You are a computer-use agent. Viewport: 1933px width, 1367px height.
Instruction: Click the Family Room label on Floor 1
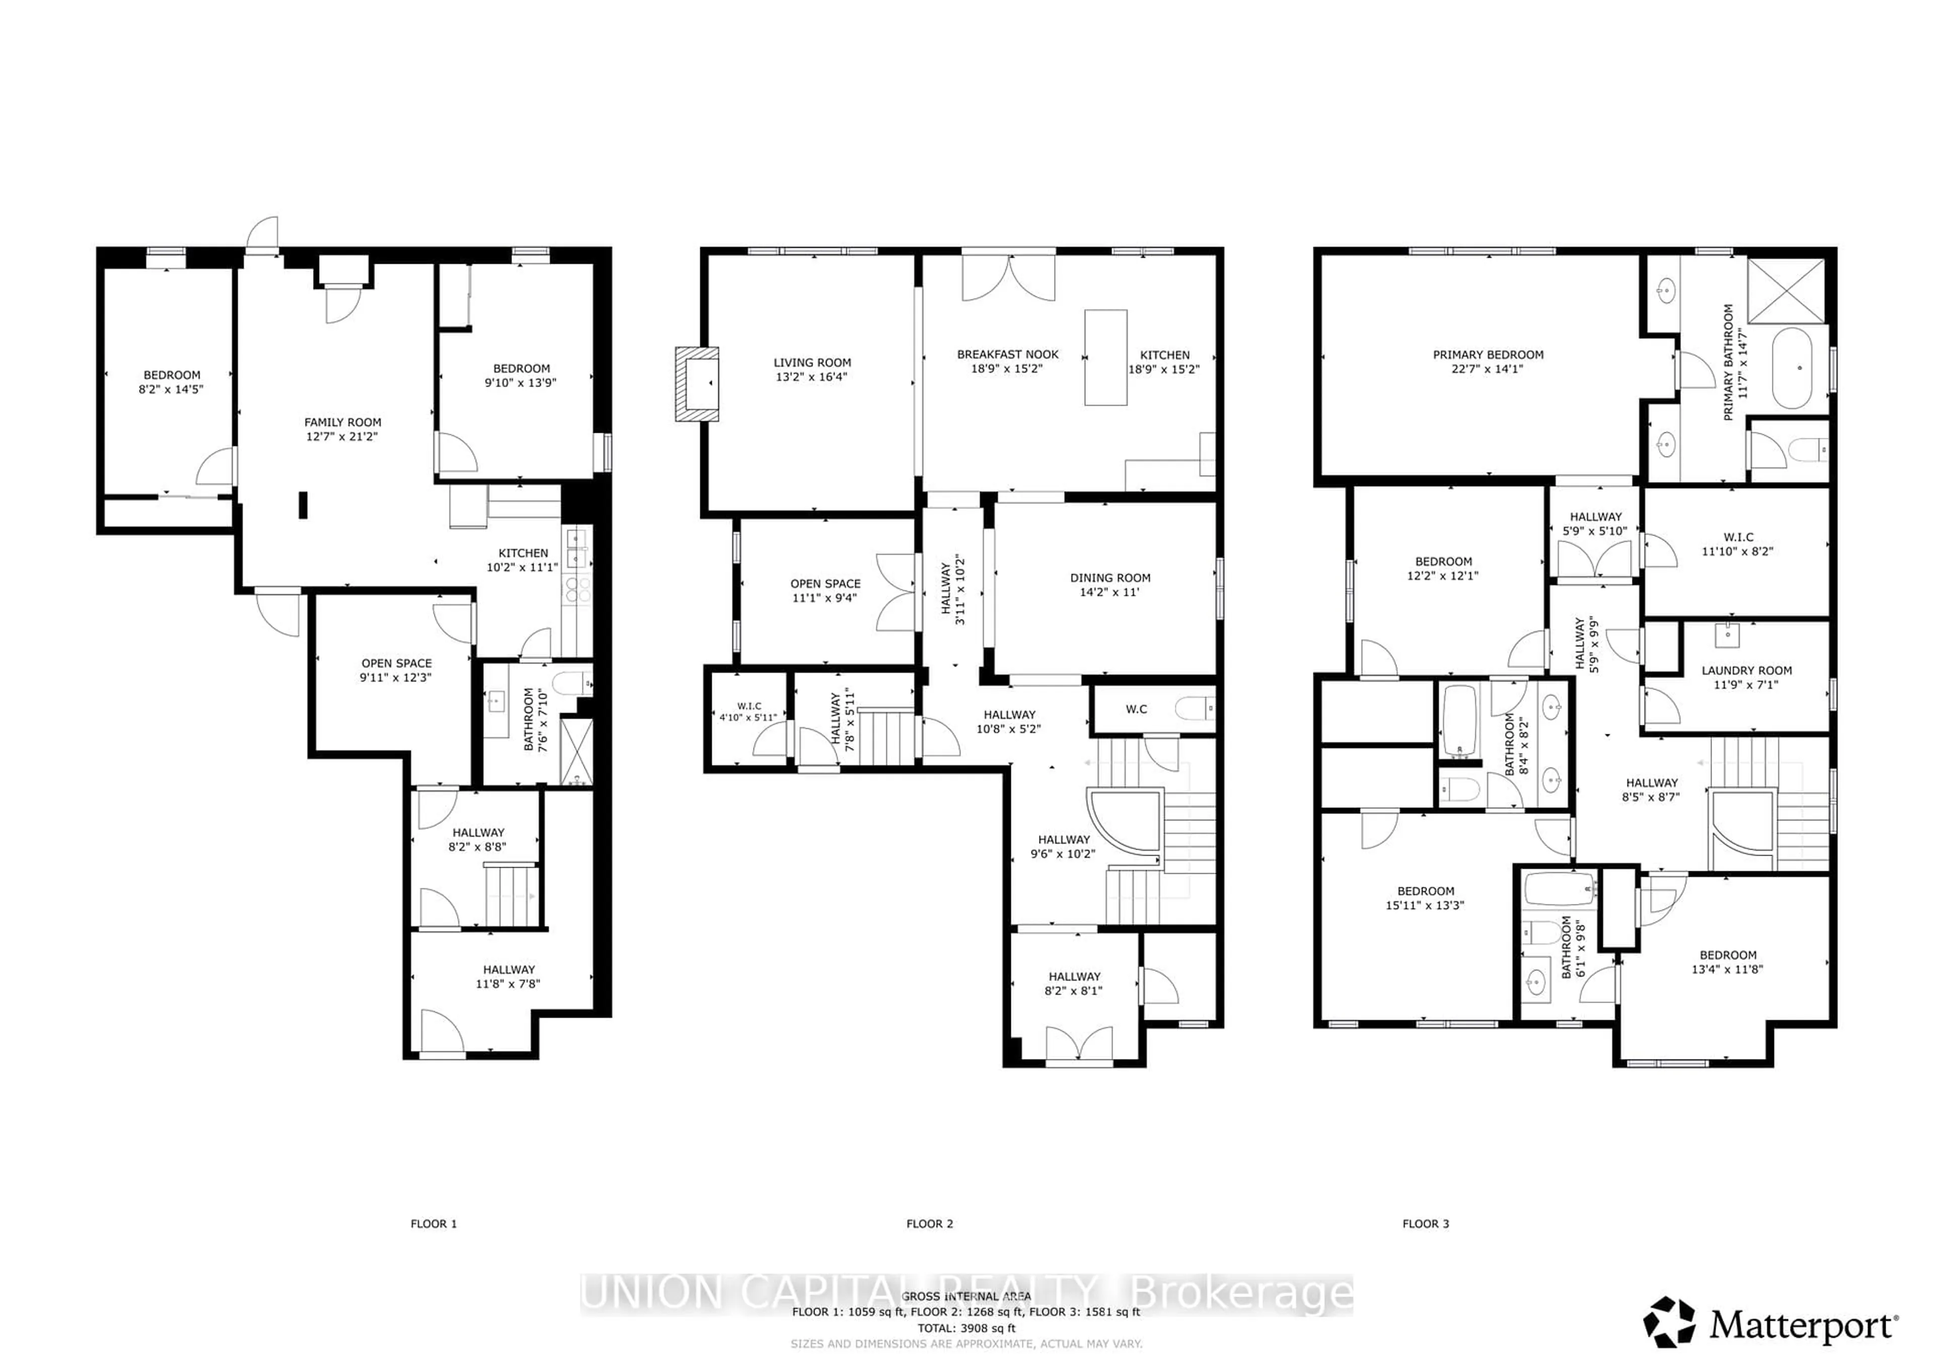click(343, 423)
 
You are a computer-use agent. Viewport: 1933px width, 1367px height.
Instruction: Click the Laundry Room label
click(1746, 671)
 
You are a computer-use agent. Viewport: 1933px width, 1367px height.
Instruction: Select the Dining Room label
click(1109, 578)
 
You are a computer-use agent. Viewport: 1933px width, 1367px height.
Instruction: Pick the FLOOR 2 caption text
click(929, 1224)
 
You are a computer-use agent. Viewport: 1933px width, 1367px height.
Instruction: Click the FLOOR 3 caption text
click(1425, 1224)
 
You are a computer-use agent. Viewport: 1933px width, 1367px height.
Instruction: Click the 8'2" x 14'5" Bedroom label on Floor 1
click(171, 382)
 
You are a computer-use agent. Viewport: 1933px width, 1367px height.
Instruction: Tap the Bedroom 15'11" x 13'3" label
click(1425, 898)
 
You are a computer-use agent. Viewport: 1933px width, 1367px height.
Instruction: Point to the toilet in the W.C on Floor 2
click(1196, 709)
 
